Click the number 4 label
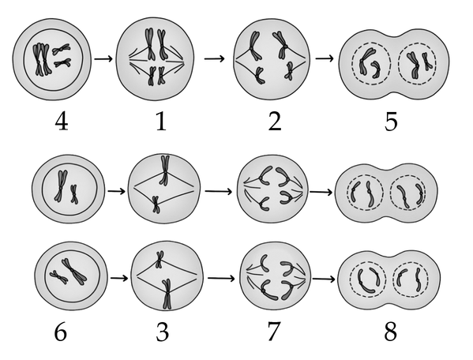click(62, 122)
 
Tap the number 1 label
click(161, 122)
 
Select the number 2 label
click(275, 122)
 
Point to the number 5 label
click(391, 122)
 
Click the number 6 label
click(61, 332)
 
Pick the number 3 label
click(163, 332)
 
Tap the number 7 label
click(274, 332)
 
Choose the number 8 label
click(391, 332)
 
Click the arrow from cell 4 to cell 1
click(103, 58)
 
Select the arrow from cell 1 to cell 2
click(215, 58)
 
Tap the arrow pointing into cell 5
click(325, 58)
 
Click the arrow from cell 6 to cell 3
click(116, 191)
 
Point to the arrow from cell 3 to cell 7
click(221, 279)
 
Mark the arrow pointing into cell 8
click(324, 279)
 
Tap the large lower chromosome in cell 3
click(167, 294)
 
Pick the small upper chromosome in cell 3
click(160, 259)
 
